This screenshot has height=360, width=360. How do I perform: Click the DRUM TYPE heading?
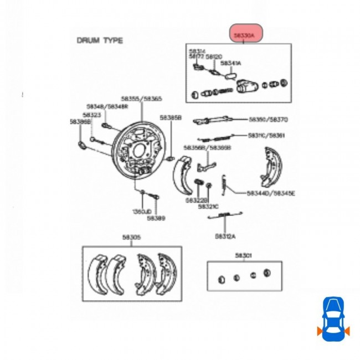(x=100, y=40)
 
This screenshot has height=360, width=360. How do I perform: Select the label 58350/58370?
(x=268, y=119)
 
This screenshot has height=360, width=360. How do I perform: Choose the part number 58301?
(x=243, y=255)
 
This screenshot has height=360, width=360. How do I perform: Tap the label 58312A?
(x=225, y=236)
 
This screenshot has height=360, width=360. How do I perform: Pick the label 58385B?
(x=171, y=117)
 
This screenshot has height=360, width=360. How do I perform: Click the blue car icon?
(x=333, y=317)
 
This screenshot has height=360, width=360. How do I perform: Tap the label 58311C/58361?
(x=266, y=136)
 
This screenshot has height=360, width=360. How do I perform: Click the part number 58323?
(x=92, y=115)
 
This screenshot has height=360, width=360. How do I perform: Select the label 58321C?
(x=209, y=206)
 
